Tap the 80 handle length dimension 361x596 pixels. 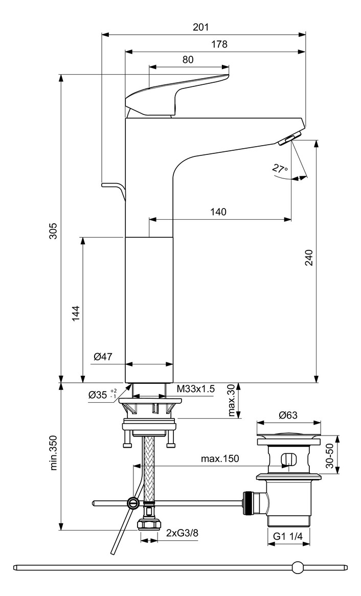click(x=188, y=59)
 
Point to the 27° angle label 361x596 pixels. click(x=280, y=168)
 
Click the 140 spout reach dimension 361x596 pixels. click(x=217, y=212)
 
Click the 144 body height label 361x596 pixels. click(x=75, y=313)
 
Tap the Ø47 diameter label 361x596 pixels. click(x=103, y=357)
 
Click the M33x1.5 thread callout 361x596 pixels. click(x=196, y=389)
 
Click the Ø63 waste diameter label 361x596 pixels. click(x=288, y=415)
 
